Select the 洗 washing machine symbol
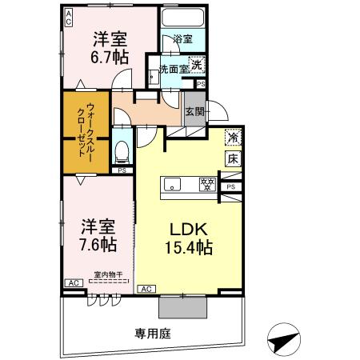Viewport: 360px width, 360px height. (196, 65)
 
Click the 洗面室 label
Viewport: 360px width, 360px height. (173, 70)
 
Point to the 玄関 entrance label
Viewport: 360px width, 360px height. (194, 111)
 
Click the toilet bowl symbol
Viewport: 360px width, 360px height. (122, 150)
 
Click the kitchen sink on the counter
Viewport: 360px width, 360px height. (174, 185)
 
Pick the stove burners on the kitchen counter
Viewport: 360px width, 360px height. (207, 185)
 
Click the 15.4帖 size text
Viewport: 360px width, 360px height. (189, 247)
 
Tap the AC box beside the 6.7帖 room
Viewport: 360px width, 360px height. (68, 14)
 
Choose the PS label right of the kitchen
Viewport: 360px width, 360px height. (231, 187)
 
